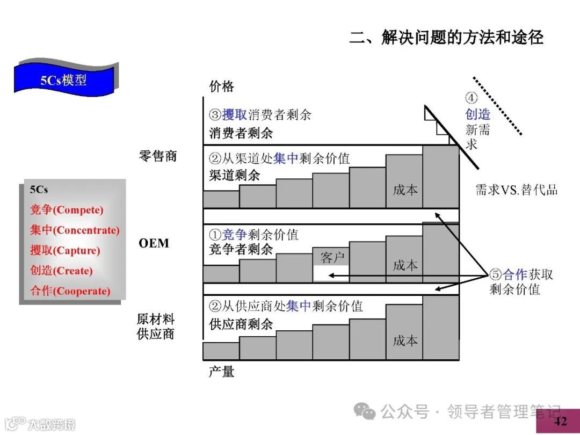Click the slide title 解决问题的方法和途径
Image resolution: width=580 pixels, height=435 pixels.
(446, 37)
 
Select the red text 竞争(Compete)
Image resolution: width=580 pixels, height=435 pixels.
(67, 210)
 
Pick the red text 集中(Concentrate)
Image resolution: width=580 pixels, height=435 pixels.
(75, 230)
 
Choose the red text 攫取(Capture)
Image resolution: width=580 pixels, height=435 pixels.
(65, 251)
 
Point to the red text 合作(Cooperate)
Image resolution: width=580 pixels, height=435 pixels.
(70, 291)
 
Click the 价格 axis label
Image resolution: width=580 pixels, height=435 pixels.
(221, 86)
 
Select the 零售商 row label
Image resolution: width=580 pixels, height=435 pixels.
(157, 156)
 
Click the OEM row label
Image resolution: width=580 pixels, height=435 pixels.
(154, 243)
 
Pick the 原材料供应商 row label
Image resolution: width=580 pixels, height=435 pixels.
(156, 326)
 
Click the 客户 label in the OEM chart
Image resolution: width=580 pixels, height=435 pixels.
(332, 258)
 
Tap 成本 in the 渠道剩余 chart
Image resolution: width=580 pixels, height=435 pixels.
(405, 190)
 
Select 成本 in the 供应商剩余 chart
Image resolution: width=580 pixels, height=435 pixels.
(405, 341)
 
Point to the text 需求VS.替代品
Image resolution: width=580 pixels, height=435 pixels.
(517, 190)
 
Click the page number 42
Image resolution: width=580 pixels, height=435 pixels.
(560, 421)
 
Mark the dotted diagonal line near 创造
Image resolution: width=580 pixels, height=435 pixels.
(497, 106)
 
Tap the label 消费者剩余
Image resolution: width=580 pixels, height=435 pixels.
(241, 133)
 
